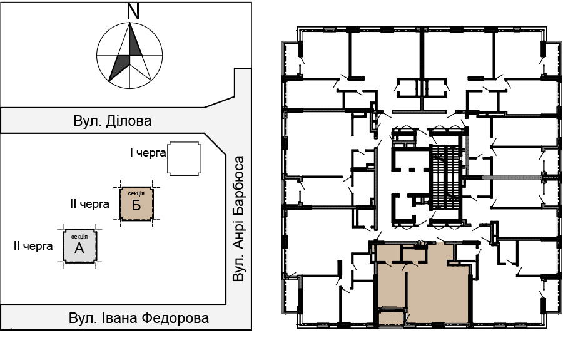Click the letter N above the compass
coord(133,11)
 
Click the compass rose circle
coord(96,56)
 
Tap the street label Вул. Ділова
coord(113,121)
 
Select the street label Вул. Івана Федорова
coord(139,318)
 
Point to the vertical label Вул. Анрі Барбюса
coord(238,219)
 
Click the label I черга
coord(148,153)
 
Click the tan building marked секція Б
coord(136,203)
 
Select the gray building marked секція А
coord(79,246)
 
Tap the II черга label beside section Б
coord(89,204)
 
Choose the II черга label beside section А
coord(33,246)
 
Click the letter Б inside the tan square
coord(136,205)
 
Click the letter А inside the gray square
coord(79,248)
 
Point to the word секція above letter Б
coord(136,193)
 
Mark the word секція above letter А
coord(79,237)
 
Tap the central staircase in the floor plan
coord(445,178)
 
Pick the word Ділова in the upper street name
coord(129,121)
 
